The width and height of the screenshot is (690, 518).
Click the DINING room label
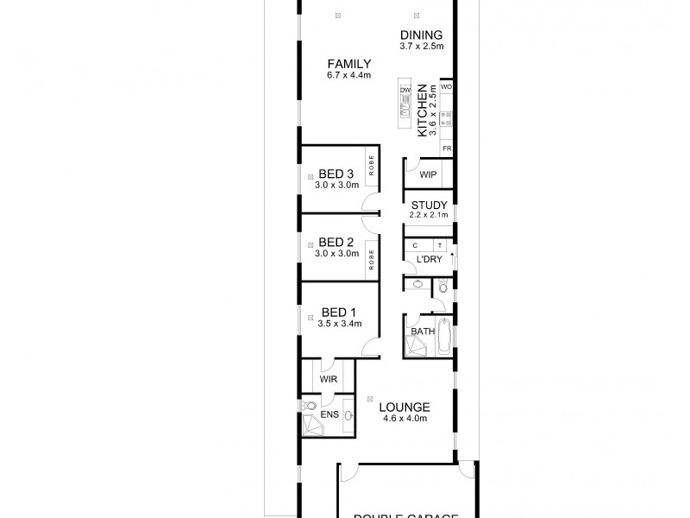tap(422, 35)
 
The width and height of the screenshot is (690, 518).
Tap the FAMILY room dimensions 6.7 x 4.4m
tap(348, 75)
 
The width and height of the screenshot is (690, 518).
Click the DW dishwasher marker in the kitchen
tap(405, 88)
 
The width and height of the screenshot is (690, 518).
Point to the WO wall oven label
tap(447, 87)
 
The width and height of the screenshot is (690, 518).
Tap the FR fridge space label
tap(447, 148)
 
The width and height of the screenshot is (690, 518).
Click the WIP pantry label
tap(427, 174)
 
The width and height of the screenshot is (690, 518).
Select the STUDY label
tap(427, 205)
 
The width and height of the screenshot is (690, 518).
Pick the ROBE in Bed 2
tap(372, 259)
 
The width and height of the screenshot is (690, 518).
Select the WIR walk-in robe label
tap(328, 379)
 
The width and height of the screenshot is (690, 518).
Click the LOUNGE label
tap(405, 407)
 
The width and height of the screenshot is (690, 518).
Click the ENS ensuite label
tap(329, 415)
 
